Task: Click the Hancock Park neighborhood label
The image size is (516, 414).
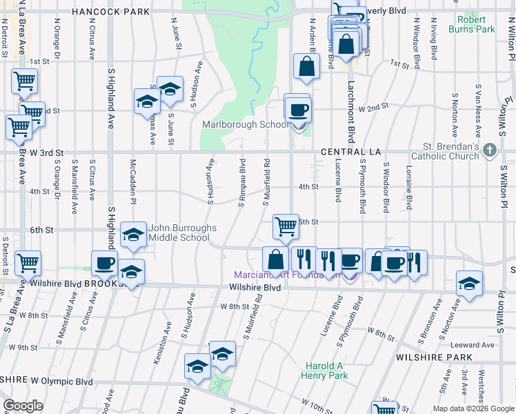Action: pyautogui.click(x=110, y=12)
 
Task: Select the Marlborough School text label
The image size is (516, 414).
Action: pyautogui.click(x=245, y=125)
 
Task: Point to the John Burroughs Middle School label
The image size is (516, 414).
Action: pyautogui.click(x=183, y=233)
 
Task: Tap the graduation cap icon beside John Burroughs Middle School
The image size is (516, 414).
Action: pyautogui.click(x=132, y=235)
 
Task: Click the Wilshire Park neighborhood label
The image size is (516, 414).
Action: pyautogui.click(x=434, y=357)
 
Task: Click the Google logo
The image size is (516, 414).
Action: pyautogui.click(x=23, y=406)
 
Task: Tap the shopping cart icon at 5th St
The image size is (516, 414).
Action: pyautogui.click(x=285, y=225)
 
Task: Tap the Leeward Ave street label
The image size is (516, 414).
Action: pyautogui.click(x=473, y=345)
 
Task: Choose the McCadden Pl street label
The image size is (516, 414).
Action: pyautogui.click(x=133, y=183)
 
